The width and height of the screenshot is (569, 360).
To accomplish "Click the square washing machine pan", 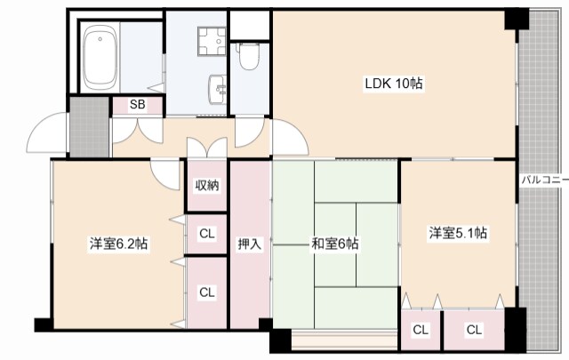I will click(x=212, y=38).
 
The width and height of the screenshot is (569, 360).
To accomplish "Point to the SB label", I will click(x=137, y=105).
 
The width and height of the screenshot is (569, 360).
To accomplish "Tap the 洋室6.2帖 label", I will click(x=117, y=243).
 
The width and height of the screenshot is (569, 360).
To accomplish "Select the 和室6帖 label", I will click(x=334, y=243).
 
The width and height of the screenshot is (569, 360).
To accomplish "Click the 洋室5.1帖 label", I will click(x=458, y=233).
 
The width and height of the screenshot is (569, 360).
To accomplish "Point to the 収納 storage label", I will click(x=207, y=186).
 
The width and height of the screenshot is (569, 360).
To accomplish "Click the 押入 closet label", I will click(x=250, y=243).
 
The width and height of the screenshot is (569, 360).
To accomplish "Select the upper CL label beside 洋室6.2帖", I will click(x=206, y=235).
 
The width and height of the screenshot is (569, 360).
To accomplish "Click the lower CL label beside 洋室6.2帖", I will click(x=206, y=292).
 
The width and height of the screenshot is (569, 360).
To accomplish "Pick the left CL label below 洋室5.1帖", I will click(x=421, y=330).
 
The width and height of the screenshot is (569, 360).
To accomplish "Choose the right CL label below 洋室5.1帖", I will click(x=474, y=330).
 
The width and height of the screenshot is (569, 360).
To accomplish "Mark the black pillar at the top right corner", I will click(x=516, y=20).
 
